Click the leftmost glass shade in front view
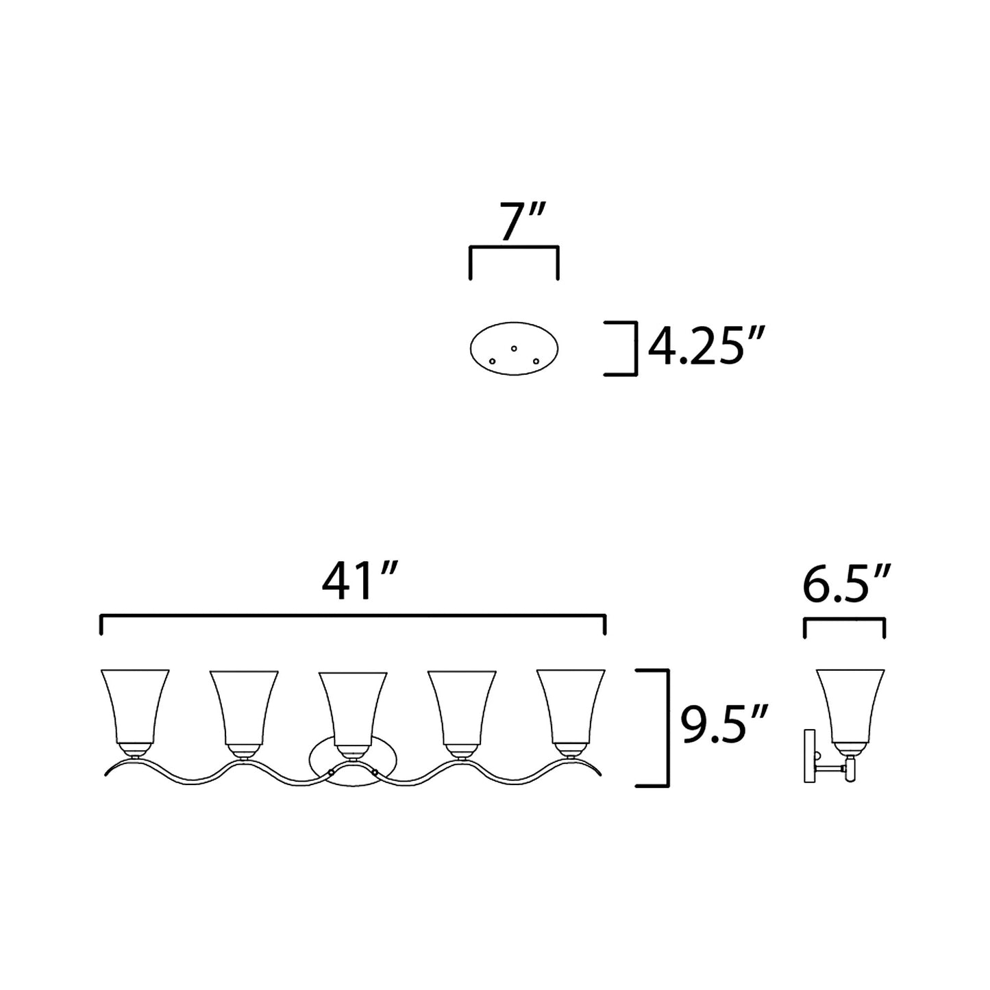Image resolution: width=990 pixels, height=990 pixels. [134, 706]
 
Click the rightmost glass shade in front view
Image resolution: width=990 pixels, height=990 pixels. [571, 706]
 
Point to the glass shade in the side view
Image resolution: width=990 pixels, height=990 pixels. [850, 706]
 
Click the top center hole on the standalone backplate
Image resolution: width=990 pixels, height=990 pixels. [514, 348]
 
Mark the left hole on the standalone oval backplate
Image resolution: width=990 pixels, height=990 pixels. [492, 360]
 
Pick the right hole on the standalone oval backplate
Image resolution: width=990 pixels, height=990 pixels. [536, 360]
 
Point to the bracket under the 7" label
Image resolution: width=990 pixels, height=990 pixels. [514, 247]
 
